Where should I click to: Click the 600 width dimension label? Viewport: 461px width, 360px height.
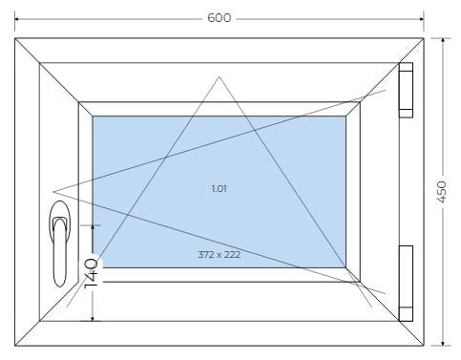pyautogui.click(x=219, y=18)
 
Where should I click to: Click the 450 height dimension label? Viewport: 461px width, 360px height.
pyautogui.click(x=442, y=192)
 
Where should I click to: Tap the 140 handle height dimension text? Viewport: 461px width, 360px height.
pyautogui.click(x=91, y=273)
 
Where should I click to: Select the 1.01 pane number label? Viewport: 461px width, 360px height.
pyautogui.click(x=220, y=189)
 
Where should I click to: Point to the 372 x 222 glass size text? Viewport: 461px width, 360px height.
pyautogui.click(x=220, y=255)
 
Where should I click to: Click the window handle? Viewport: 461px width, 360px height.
pyautogui.click(x=59, y=244)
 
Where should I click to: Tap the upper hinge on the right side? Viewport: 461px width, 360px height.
pyautogui.click(x=406, y=91)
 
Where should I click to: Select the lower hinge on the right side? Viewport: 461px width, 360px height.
pyautogui.click(x=406, y=284)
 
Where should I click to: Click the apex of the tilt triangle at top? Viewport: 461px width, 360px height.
pyautogui.click(x=219, y=77)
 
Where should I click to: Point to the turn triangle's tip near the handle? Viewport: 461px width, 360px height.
pyautogui.click(x=53, y=192)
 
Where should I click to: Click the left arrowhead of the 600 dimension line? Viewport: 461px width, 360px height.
pyautogui.click(x=17, y=19)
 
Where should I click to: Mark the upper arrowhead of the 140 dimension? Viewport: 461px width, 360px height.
pyautogui.click(x=93, y=227)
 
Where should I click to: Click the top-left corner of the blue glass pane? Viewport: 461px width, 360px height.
pyautogui.click(x=93, y=116)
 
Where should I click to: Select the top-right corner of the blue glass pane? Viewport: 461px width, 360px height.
pyautogui.click(x=346, y=116)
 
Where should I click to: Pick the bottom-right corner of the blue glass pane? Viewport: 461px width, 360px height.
pyautogui.click(x=346, y=267)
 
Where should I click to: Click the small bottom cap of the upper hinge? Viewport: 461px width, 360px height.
pyautogui.click(x=406, y=114)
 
